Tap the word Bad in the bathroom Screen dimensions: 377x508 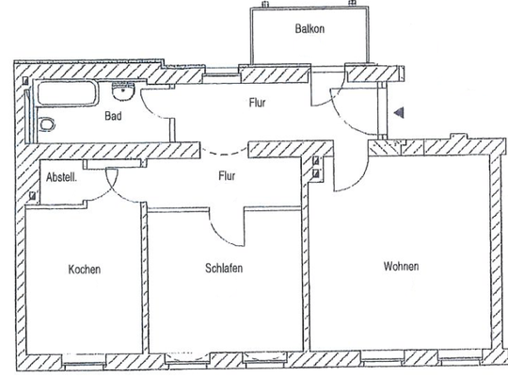(x=113, y=119)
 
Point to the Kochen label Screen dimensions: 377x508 (x=84, y=270)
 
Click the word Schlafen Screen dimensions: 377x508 (x=224, y=269)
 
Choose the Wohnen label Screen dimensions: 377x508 (x=401, y=267)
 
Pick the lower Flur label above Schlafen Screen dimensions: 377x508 (x=227, y=175)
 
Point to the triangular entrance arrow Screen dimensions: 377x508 (x=399, y=113)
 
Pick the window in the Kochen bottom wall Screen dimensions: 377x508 (x=83, y=359)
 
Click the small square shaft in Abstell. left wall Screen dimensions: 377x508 (x=34, y=196)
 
